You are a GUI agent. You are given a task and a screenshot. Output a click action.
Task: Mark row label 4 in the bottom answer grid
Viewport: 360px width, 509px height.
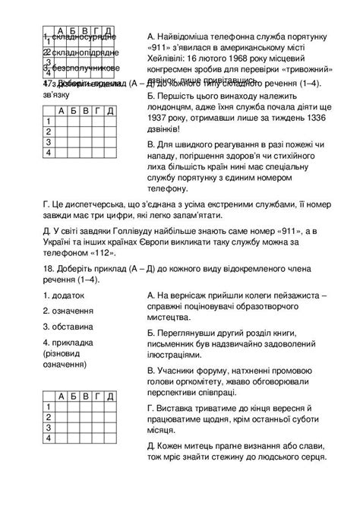pyautogui.click(x=48, y=438)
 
